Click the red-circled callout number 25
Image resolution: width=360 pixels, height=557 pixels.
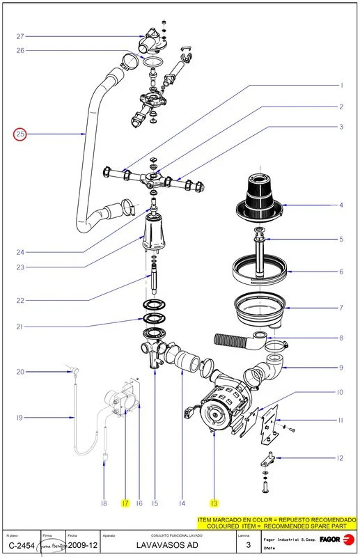coord(20,134)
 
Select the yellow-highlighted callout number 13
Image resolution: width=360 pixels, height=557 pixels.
coord(214,503)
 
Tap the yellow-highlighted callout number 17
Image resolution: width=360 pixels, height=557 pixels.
coord(125,503)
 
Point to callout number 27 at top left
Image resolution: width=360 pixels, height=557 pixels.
coord(20,36)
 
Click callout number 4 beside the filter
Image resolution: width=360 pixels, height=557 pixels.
coord(341,205)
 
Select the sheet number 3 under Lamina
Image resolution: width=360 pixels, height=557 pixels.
coord(248,546)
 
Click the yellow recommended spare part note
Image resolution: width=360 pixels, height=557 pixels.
coord(276,523)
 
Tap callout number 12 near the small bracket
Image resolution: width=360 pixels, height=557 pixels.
coord(340,458)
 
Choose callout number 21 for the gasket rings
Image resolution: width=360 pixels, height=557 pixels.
coord(20,327)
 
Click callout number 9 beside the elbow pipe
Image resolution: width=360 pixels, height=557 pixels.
coord(341,367)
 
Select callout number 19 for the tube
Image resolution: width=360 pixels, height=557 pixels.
coord(20,418)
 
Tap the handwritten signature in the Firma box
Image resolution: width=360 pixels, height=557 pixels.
coord(54,546)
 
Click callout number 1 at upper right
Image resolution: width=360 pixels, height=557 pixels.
coord(341,85)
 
